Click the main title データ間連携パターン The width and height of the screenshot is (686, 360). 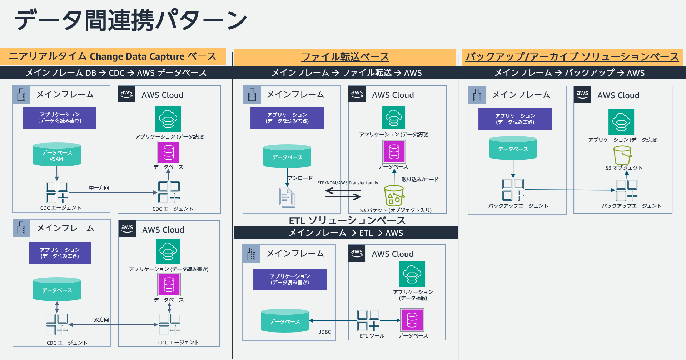[x=130, y=20]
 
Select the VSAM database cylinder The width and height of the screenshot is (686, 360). [x=56, y=155]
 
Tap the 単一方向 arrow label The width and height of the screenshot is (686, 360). [x=99, y=188]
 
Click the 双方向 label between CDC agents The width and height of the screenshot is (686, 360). [x=101, y=320]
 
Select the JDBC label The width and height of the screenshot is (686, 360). [x=325, y=332]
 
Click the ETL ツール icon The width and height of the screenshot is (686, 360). [x=368, y=320]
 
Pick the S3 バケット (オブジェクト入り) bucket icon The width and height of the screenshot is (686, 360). [x=394, y=196]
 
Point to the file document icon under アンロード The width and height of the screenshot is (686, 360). [x=287, y=198]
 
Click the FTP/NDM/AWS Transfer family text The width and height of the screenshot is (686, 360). [x=347, y=183]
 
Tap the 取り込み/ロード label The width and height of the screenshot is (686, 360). [x=420, y=180]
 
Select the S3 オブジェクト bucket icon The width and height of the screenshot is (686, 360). [x=622, y=155]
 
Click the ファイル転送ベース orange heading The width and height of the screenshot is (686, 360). [x=345, y=57]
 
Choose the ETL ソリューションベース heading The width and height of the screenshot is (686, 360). [x=347, y=220]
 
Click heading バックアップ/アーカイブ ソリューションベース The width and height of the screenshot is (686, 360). [x=572, y=57]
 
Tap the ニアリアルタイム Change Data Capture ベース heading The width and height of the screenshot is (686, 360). [x=112, y=56]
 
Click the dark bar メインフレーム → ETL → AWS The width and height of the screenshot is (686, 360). [x=346, y=233]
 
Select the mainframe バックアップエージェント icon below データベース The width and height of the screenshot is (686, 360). [x=513, y=190]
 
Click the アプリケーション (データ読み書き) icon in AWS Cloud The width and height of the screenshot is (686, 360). [x=168, y=251]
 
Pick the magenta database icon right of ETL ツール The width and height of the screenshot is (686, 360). [x=412, y=320]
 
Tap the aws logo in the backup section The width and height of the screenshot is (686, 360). [x=582, y=95]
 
